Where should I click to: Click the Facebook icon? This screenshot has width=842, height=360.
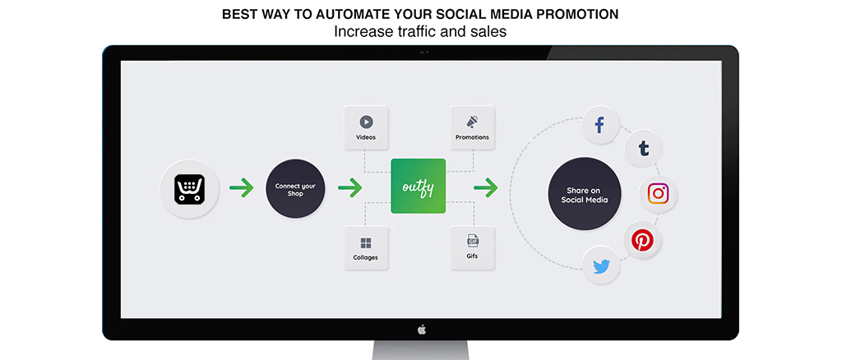(599, 126)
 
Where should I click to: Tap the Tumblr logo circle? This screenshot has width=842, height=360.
(644, 148)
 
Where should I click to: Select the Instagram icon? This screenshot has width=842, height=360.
(658, 194)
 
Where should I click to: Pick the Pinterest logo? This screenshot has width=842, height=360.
(642, 240)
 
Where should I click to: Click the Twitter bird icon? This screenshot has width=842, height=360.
(601, 265)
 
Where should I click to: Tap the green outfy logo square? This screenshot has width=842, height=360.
(419, 187)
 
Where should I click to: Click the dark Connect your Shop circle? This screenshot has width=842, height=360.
(295, 188)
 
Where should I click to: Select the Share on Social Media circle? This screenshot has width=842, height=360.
(585, 194)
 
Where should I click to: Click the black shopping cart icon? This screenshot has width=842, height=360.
(190, 188)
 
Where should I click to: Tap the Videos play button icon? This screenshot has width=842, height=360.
(366, 122)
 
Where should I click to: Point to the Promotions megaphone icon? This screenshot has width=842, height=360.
(473, 122)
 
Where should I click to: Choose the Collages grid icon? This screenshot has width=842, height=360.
(366, 243)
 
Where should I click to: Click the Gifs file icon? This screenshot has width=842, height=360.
(473, 242)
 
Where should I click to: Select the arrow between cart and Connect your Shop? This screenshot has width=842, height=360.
(242, 187)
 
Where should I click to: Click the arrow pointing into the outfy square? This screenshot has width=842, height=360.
(350, 187)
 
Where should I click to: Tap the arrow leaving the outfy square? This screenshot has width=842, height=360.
(485, 187)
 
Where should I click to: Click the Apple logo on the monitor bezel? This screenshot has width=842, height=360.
(422, 330)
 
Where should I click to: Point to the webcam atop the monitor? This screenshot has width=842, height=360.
(422, 52)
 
